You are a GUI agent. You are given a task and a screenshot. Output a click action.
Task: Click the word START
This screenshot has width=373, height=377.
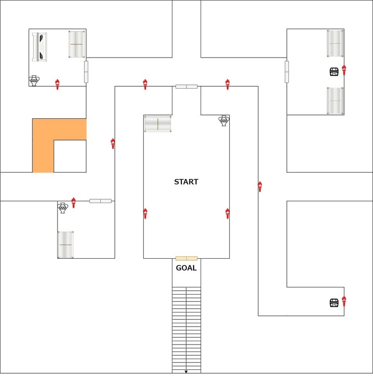click(x=186, y=182)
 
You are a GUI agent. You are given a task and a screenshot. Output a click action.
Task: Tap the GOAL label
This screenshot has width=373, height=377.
click(x=186, y=268)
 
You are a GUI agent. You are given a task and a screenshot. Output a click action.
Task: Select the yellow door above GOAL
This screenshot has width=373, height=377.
click(x=186, y=258)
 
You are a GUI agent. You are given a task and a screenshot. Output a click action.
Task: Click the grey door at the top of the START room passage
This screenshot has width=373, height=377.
click(x=186, y=87)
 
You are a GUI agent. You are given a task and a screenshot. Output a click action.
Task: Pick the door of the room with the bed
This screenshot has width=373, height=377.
click(x=86, y=72)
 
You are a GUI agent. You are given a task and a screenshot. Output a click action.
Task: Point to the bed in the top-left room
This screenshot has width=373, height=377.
click(x=40, y=47)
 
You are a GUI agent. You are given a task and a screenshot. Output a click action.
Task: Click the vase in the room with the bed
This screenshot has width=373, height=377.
click(x=34, y=81)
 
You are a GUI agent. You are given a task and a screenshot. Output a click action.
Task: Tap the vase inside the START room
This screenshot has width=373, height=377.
click(x=224, y=121)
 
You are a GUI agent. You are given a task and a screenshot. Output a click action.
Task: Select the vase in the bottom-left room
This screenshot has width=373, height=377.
click(x=63, y=208)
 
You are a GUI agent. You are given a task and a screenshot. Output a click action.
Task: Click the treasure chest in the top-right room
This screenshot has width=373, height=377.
click(x=334, y=72)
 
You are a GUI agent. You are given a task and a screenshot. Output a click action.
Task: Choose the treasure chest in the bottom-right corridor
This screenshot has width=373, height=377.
click(x=334, y=303)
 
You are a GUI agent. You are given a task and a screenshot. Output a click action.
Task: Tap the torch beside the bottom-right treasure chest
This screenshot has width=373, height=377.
click(x=344, y=301)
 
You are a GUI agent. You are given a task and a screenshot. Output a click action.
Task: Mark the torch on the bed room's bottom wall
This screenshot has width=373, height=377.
click(x=57, y=84)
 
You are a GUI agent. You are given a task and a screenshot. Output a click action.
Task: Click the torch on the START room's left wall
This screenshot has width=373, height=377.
click(x=145, y=213)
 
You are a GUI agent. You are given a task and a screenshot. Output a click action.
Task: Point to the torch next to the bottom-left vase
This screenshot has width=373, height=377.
click(x=73, y=203)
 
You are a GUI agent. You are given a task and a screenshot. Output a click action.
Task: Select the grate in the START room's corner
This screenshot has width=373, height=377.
click(x=158, y=124)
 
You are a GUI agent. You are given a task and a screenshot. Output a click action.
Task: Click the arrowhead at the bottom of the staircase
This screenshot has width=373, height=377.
click(x=186, y=372)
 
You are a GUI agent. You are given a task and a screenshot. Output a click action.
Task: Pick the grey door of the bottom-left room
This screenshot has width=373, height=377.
click(x=100, y=201)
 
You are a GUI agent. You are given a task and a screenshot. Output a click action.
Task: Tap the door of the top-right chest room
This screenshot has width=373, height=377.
click(x=287, y=72)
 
